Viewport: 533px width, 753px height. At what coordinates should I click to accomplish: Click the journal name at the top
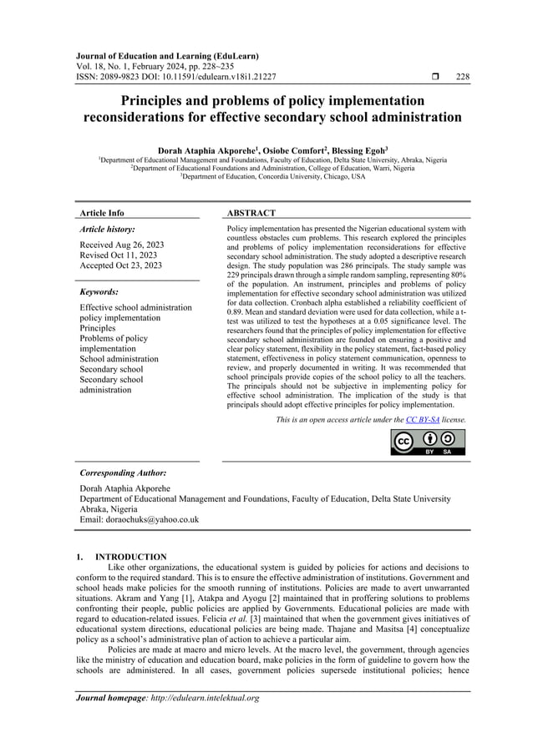pyautogui.click(x=168, y=56)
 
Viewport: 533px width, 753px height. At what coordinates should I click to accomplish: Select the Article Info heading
pyautogui.click(x=101, y=214)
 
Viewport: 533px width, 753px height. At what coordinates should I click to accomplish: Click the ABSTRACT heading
pyautogui.click(x=251, y=214)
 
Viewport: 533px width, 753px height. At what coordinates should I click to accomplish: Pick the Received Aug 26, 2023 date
pyautogui.click(x=121, y=245)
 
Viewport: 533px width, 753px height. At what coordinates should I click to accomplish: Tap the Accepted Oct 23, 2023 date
pyautogui.click(x=121, y=266)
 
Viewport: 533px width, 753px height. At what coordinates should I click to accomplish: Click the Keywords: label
pyautogui.click(x=99, y=292)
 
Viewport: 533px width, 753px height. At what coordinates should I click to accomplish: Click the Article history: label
pyautogui.click(x=107, y=228)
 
